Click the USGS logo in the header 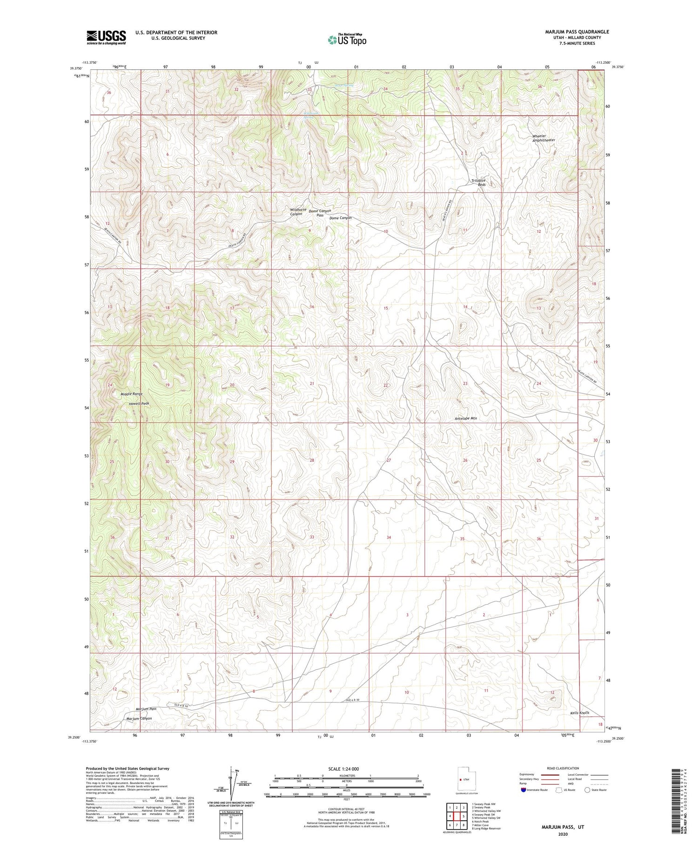click(106, 37)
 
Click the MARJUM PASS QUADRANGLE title click(577, 32)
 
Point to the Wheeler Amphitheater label click(544, 138)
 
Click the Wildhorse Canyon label click(298, 212)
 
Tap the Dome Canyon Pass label click(320, 213)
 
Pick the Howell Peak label click(139, 404)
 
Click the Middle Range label click(131, 394)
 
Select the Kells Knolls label click(579, 713)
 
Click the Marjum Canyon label click(139, 718)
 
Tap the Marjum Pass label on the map click(146, 709)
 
